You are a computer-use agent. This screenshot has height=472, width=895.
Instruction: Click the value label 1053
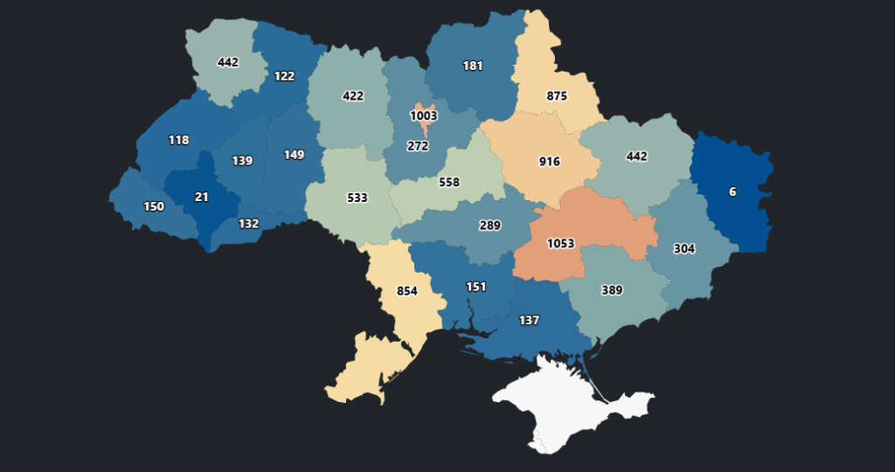point(560,243)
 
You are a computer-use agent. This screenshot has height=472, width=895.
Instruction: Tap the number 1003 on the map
point(424,115)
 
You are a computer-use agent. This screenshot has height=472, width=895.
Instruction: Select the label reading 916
point(550,162)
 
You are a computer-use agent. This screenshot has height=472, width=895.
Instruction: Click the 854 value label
point(407,292)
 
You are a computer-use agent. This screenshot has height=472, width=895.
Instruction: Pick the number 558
point(449,182)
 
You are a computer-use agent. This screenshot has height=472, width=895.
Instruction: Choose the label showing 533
point(357,198)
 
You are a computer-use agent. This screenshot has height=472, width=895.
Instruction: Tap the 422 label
point(353,95)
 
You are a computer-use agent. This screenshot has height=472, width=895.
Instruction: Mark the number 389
point(612,290)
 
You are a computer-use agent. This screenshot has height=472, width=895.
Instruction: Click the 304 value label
point(684,248)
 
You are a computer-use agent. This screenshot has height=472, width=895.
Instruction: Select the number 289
point(490,226)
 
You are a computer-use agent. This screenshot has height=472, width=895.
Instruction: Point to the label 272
point(418,146)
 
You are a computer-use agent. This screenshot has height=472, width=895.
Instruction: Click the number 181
point(473,66)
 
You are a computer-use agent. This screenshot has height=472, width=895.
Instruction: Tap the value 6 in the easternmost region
point(732,191)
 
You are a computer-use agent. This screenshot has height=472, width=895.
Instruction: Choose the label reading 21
point(201,197)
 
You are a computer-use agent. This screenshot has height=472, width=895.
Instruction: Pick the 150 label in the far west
point(153,206)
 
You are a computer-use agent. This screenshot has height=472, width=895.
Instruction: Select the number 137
point(529,320)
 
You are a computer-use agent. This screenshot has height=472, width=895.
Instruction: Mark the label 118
point(178,140)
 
